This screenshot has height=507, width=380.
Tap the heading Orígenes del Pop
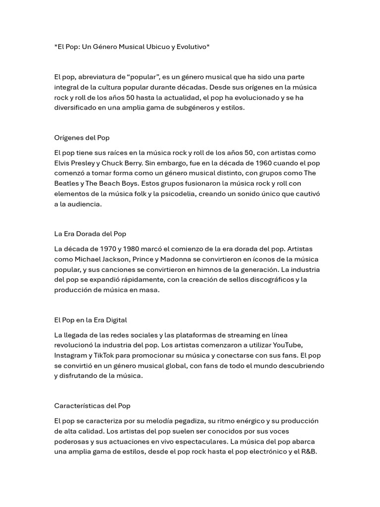pyautogui.click(x=82, y=138)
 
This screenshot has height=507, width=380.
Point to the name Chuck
pyautogui.click(x=114, y=163)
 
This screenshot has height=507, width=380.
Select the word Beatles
pyautogui.click(x=67, y=183)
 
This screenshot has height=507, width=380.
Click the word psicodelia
pyautogui.click(x=177, y=194)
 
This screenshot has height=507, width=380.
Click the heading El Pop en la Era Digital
pyautogui.click(x=91, y=320)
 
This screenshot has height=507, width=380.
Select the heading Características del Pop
pyautogui.click(x=92, y=406)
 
